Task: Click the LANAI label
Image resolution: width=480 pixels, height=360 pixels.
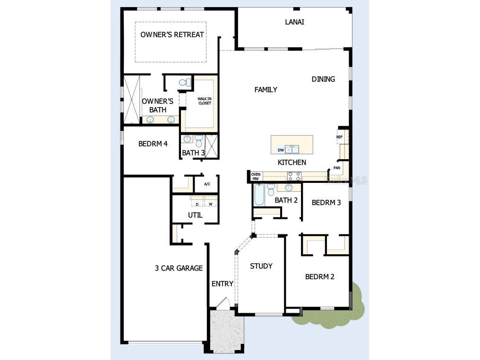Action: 294,22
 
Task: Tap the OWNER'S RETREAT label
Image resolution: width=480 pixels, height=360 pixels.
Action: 172,34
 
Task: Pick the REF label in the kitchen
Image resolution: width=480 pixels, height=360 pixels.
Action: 339,137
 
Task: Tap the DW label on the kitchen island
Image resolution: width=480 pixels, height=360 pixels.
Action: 281,150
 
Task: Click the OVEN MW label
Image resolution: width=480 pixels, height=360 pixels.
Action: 256,176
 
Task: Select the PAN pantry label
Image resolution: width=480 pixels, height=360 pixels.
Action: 337,167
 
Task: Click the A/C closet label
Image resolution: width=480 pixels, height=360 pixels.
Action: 207,184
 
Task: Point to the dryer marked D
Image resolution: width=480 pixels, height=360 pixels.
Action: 197,204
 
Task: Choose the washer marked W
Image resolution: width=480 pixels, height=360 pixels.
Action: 210,204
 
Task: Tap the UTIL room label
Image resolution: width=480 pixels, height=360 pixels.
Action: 195,215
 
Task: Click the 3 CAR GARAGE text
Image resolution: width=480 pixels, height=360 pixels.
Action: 179,268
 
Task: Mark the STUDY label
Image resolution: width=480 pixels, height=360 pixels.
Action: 261,266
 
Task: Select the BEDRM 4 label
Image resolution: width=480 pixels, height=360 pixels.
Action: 153,144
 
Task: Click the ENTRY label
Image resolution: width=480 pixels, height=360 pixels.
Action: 222,283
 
